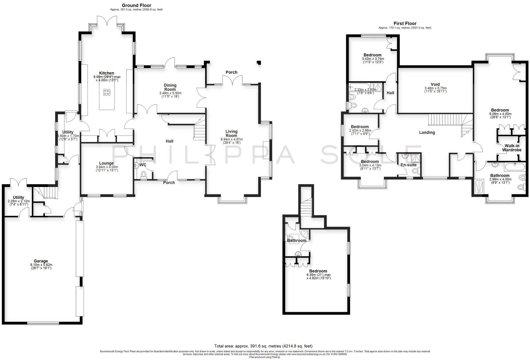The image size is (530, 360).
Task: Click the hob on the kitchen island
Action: click(x=107, y=93)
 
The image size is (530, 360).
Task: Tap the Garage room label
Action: click(x=41, y=261)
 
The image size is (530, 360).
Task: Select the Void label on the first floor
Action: click(x=435, y=84)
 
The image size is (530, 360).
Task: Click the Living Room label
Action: click(x=231, y=133)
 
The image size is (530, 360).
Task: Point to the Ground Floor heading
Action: click(x=136, y=5)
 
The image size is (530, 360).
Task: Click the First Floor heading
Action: click(x=405, y=23)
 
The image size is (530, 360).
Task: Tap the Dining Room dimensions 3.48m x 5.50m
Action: click(x=170, y=93)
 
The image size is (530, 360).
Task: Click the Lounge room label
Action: click(x=106, y=163)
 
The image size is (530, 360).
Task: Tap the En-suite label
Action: click(x=409, y=165)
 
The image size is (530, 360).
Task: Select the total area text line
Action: click(x=263, y=346)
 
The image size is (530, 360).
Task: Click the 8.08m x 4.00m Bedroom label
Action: click(x=500, y=110)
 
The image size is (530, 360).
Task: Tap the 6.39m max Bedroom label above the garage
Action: click(x=318, y=271)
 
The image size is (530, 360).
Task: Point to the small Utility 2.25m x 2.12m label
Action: click(x=18, y=197)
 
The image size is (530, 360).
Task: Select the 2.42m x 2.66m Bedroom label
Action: click(x=359, y=127)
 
